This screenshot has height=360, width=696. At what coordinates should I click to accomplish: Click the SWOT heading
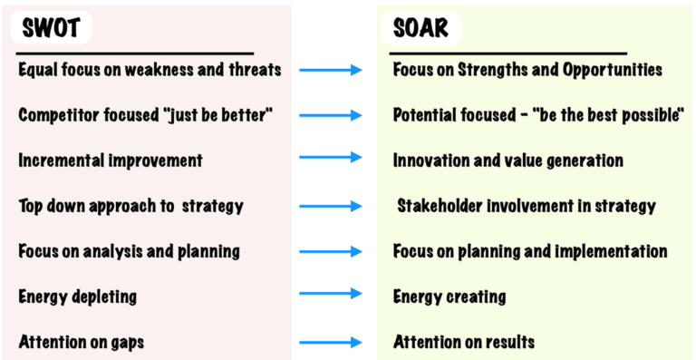tap(52, 28)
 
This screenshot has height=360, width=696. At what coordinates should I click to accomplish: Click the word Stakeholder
tap(443, 206)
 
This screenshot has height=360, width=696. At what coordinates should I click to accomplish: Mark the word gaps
tap(124, 343)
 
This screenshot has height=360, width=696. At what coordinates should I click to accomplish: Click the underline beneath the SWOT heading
tap(136, 53)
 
